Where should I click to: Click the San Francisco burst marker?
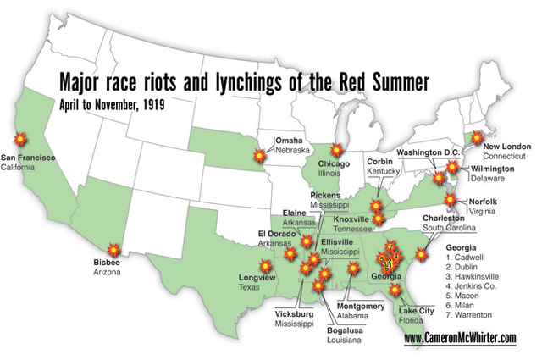click(19, 138)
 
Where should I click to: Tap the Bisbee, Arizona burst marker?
click(117, 249)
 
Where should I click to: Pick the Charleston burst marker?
click(423, 252)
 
